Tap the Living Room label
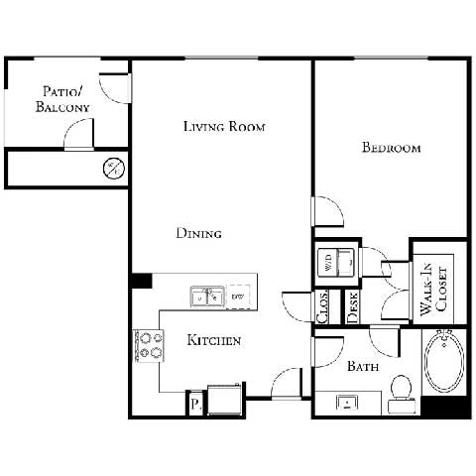tap(224, 127)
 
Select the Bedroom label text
tap(391, 148)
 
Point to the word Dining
tap(198, 233)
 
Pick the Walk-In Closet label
tap(432, 291)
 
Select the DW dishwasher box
tap(238, 296)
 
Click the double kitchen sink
tap(207, 296)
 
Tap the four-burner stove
tap(150, 344)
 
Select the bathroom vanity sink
tap(348, 403)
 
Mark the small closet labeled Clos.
tap(323, 306)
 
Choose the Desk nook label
tap(353, 306)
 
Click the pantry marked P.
tap(195, 404)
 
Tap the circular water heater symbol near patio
tap(114, 168)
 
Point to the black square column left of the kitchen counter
tap(141, 281)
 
